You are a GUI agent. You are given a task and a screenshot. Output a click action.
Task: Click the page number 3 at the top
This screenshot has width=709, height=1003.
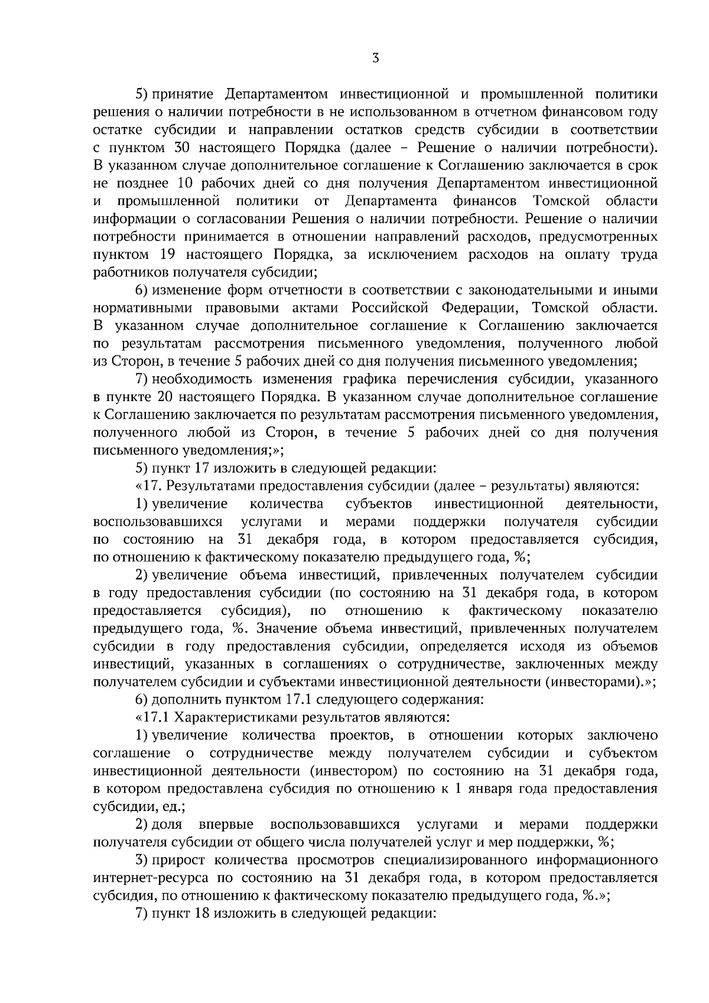click(375, 58)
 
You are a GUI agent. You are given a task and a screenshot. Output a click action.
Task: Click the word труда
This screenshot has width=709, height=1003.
click(640, 255)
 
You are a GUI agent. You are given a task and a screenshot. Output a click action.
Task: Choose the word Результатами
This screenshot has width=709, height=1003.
click(209, 486)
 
